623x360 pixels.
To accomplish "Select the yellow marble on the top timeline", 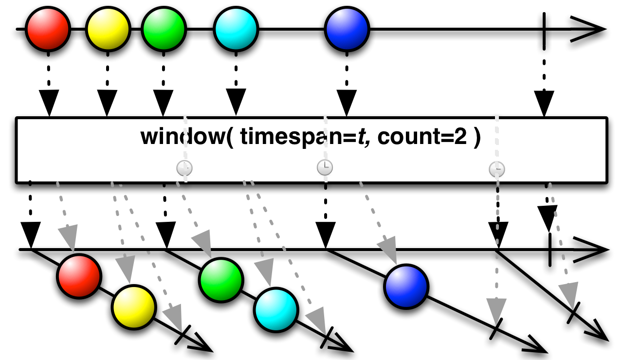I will [108, 29].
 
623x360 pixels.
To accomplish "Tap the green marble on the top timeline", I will [165, 29].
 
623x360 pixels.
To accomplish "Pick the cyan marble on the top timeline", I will [236, 29].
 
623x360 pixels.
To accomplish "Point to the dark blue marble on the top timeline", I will [348, 29].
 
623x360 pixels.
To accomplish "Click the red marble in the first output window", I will [79, 275].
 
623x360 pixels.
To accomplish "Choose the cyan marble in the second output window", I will [275, 309].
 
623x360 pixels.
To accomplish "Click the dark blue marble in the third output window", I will [406, 286].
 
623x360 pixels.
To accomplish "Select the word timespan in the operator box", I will [280, 138].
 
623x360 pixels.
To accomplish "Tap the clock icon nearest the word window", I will [184, 168].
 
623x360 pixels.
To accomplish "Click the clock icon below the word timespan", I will [325, 168].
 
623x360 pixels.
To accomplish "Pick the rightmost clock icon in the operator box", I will [497, 169].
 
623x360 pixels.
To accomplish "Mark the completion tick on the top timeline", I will [544, 29].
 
